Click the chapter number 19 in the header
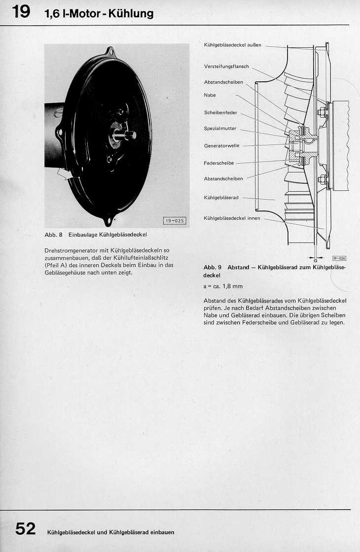pos(22,12)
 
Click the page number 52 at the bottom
pos(25,529)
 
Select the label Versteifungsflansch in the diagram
pos(226,67)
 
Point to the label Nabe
pos(210,95)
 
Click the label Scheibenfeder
pos(220,113)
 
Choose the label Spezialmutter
pos(220,129)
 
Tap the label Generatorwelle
pos(221,146)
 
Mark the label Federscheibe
pos(219,163)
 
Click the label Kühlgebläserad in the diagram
pos(221,198)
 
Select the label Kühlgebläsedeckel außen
pos(234,45)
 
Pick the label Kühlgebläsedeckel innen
pos(232,218)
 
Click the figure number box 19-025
pos(174,221)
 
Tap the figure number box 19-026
pos(339,258)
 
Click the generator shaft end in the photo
pos(131,135)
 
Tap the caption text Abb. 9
pos(212,268)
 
